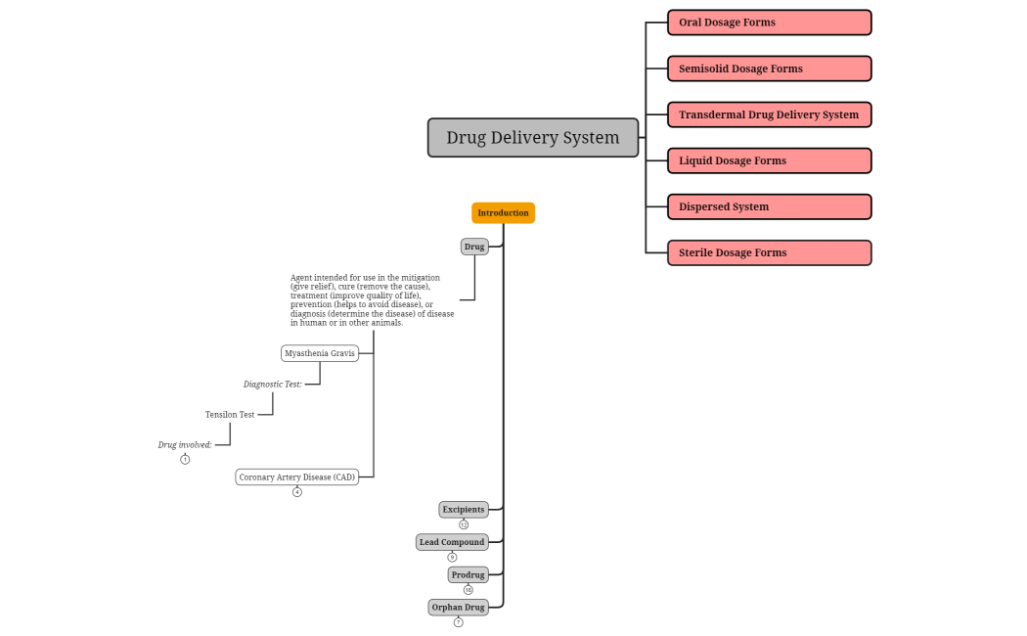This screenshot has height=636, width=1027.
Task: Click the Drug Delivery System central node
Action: [x=533, y=138]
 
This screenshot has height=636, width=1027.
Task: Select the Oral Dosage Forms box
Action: [x=769, y=23]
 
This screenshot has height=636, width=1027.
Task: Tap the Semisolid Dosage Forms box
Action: [x=769, y=68]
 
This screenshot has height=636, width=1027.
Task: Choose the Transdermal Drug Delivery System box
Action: [x=769, y=114]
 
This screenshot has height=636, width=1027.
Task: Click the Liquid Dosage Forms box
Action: [x=769, y=160]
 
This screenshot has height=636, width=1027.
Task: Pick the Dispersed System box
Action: [x=769, y=206]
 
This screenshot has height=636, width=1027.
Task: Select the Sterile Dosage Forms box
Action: [x=769, y=252]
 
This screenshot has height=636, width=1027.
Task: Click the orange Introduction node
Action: [x=503, y=213]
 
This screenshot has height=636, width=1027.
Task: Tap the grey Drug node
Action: [x=474, y=247]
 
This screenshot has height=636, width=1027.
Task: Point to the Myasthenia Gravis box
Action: [x=320, y=353]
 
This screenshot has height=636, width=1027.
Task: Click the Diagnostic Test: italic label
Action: [x=273, y=385]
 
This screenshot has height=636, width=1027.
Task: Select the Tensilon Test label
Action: [x=230, y=415]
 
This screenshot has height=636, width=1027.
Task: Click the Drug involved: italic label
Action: [x=185, y=445]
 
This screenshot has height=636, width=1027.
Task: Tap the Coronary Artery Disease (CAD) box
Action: [x=297, y=477]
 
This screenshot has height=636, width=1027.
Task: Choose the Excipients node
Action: [x=464, y=510]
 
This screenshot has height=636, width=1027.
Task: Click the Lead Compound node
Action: [x=452, y=542]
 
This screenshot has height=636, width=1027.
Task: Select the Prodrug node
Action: [x=468, y=575]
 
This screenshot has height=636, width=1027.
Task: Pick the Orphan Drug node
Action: [x=458, y=608]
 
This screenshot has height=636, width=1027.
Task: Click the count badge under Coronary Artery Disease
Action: [x=297, y=492]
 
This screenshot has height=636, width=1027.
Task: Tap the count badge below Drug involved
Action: [x=185, y=459]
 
